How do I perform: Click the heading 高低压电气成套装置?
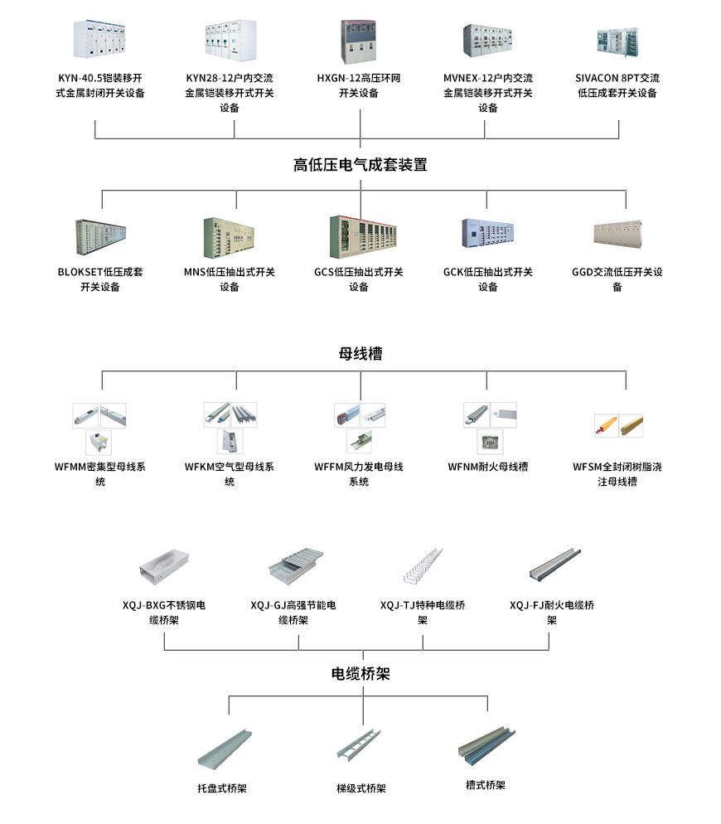click(x=360, y=164)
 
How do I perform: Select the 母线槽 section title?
click(x=360, y=354)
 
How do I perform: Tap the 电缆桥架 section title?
click(x=360, y=674)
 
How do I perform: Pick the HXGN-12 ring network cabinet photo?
click(x=360, y=40)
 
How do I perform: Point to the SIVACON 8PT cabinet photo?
click(x=617, y=41)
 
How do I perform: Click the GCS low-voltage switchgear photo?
click(x=360, y=235)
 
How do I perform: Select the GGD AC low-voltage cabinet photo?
click(x=617, y=234)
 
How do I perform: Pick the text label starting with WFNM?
click(x=488, y=467)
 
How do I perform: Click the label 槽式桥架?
click(x=486, y=785)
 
